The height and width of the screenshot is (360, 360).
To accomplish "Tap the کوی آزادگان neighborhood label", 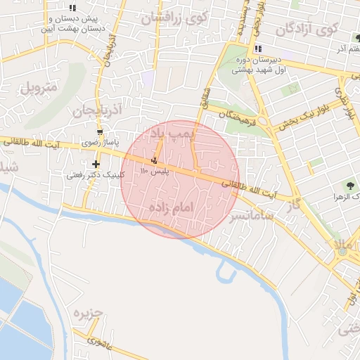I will pyautogui.click(x=307, y=30).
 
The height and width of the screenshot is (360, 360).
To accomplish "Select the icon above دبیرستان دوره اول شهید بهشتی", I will pyautogui.click(x=258, y=49).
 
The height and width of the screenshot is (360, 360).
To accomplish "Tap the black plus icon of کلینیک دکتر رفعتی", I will pyautogui.click(x=96, y=165).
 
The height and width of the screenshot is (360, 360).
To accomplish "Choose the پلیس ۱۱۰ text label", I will pyautogui.click(x=153, y=171).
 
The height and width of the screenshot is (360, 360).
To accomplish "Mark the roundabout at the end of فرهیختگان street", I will pyautogui.click(x=266, y=123).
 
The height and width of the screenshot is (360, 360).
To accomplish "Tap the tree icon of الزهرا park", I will pyautogui.click(x=349, y=186).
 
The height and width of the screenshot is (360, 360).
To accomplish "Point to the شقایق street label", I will pyautogui.click(x=207, y=97).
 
